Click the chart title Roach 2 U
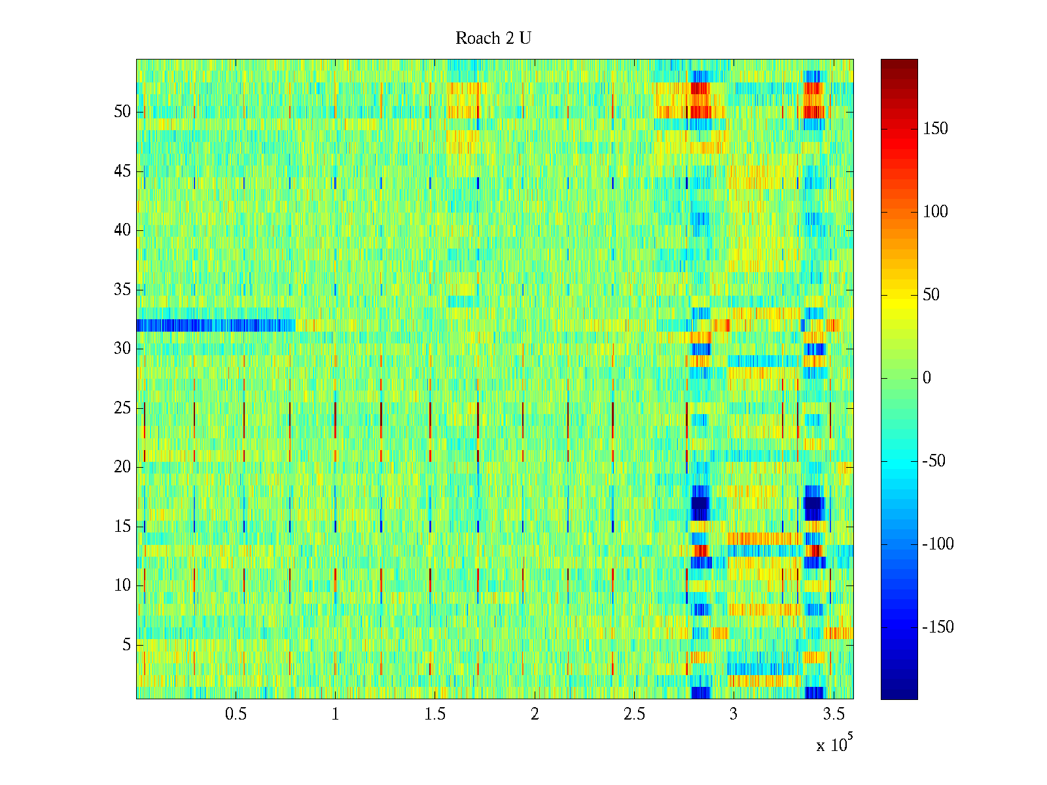pos(493,39)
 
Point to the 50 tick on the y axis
pos(122,112)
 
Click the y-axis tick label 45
pos(122,171)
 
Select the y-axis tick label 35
pos(122,290)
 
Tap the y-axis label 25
pos(122,408)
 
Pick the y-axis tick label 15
pos(122,527)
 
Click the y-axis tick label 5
pos(126,645)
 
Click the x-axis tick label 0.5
pos(236,714)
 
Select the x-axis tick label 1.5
pos(435,714)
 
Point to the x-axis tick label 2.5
pos(634,714)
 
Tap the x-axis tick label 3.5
pos(833,714)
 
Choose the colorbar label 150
pos(935,129)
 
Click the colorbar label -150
pos(938,627)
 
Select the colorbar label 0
pos(927,378)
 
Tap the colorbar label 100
pos(935,212)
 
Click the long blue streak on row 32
pos(209,325)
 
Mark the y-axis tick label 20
pos(122,467)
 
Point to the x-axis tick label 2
pos(535,714)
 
